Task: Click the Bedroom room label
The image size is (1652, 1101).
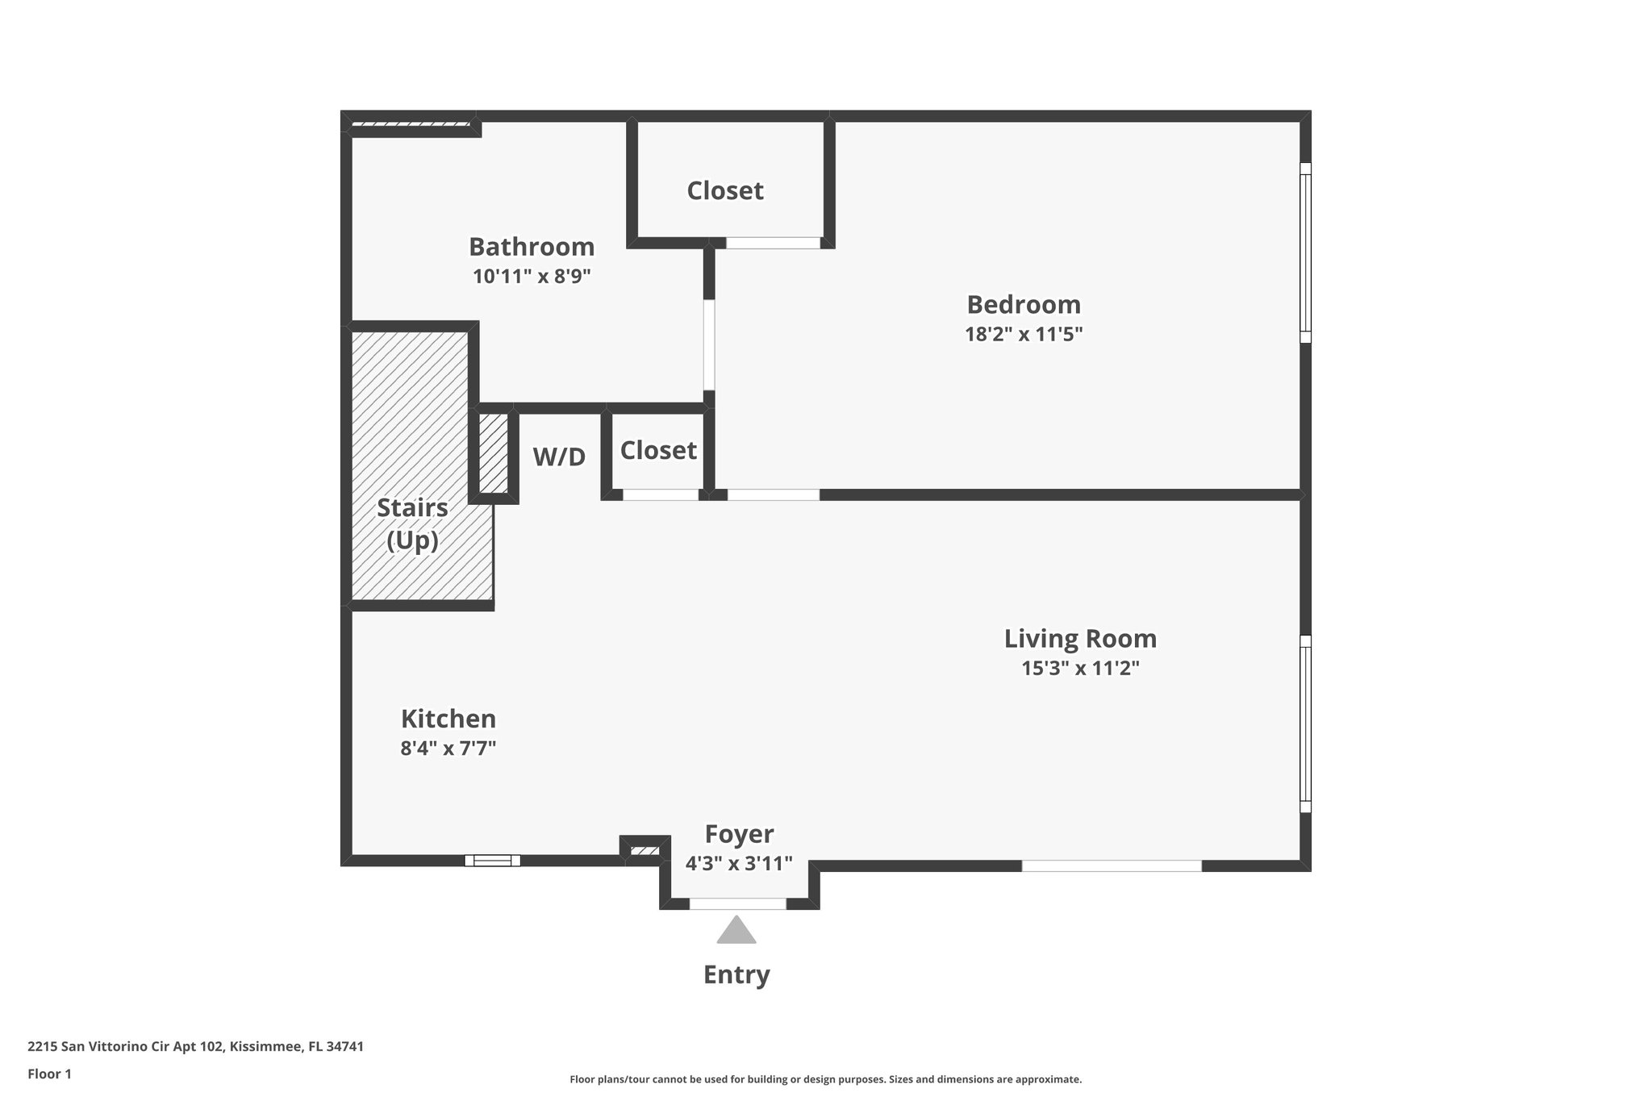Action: coord(1023,305)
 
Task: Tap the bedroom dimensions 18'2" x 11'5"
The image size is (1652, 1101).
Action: coord(1023,334)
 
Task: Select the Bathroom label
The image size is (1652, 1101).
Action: coord(532,247)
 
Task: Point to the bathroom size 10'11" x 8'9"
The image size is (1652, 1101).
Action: coord(532,277)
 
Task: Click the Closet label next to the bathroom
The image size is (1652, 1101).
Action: coord(725,191)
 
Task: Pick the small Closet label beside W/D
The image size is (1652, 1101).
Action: coord(658,450)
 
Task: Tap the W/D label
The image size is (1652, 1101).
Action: coord(559,457)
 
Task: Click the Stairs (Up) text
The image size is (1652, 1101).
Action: coord(412,524)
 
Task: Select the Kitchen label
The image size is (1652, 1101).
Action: coord(448,719)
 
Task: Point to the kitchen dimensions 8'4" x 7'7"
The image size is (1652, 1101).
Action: coord(448,749)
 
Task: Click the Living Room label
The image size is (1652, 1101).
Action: coord(1080,639)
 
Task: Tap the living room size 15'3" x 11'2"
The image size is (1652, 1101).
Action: coord(1080,669)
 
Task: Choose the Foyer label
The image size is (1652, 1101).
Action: coord(739,834)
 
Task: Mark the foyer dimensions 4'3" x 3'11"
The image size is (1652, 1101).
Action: coord(739,864)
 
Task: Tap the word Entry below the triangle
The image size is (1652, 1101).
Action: coord(736,974)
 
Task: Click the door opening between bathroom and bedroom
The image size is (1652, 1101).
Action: coord(709,345)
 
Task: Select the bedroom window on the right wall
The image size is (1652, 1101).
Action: coord(1305,252)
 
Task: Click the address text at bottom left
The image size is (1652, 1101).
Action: coord(195,1047)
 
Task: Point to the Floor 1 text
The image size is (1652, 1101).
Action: coord(49,1074)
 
